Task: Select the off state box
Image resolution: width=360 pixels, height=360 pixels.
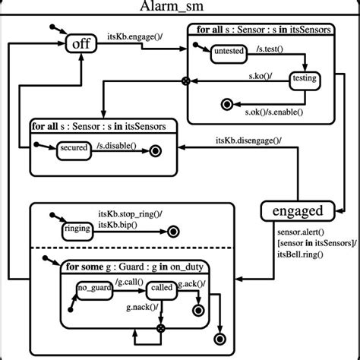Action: (x=81, y=44)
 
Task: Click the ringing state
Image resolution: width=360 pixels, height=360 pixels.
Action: (x=78, y=229)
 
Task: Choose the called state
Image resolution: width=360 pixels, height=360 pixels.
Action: (x=161, y=289)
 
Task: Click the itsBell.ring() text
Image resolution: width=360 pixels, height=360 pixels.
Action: (x=300, y=254)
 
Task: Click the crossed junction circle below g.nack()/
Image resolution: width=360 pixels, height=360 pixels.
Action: (x=160, y=328)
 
